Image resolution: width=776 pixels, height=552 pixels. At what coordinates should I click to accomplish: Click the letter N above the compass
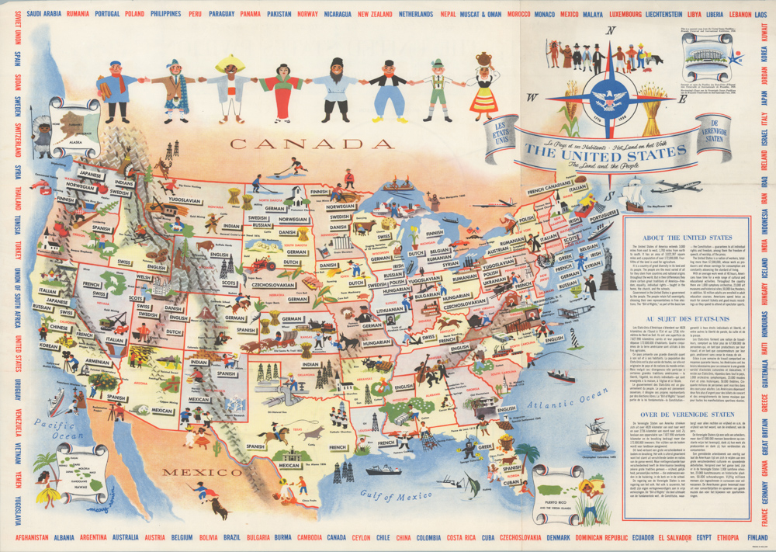coord(611,31)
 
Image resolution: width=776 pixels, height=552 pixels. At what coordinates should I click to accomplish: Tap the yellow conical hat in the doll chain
coord(229,63)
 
